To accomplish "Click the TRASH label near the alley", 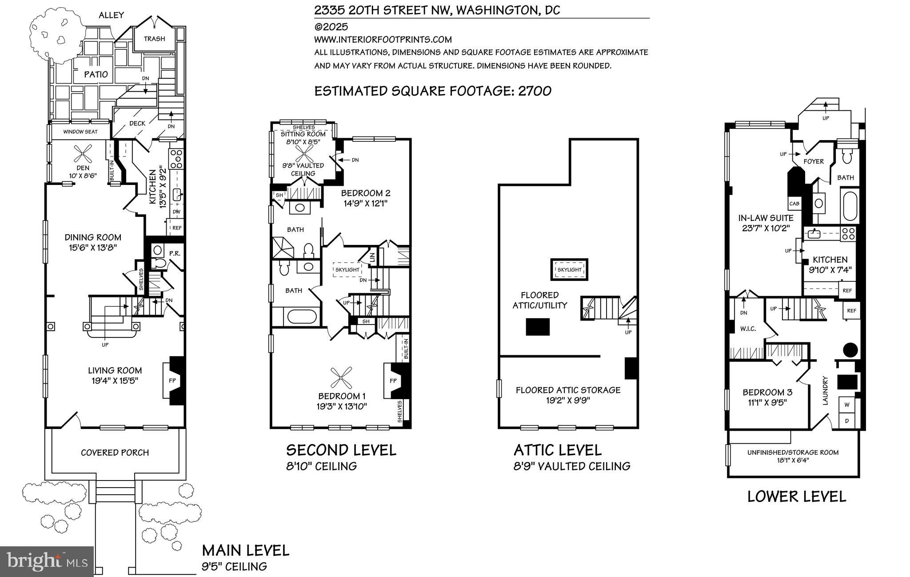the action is click(x=154, y=39).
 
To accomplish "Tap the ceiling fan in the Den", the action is click(x=83, y=155).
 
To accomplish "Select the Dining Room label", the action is click(x=93, y=237).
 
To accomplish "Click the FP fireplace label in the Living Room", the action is click(x=172, y=381).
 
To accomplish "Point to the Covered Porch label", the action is click(x=115, y=453).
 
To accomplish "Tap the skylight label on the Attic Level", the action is click(x=569, y=269).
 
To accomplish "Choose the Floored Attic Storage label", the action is click(x=568, y=390).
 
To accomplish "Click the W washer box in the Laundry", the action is click(x=847, y=405).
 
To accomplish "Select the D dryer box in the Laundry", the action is click(x=847, y=421).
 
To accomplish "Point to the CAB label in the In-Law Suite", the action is click(x=794, y=204).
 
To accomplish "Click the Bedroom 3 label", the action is click(x=767, y=393).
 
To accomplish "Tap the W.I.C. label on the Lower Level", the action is click(x=748, y=329).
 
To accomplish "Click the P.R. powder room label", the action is click(x=174, y=253).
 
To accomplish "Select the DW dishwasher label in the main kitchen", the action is click(x=176, y=212).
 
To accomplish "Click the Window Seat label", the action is click(x=80, y=132).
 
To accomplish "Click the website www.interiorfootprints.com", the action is click(x=383, y=40).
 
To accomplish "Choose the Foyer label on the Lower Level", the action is click(x=814, y=162).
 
